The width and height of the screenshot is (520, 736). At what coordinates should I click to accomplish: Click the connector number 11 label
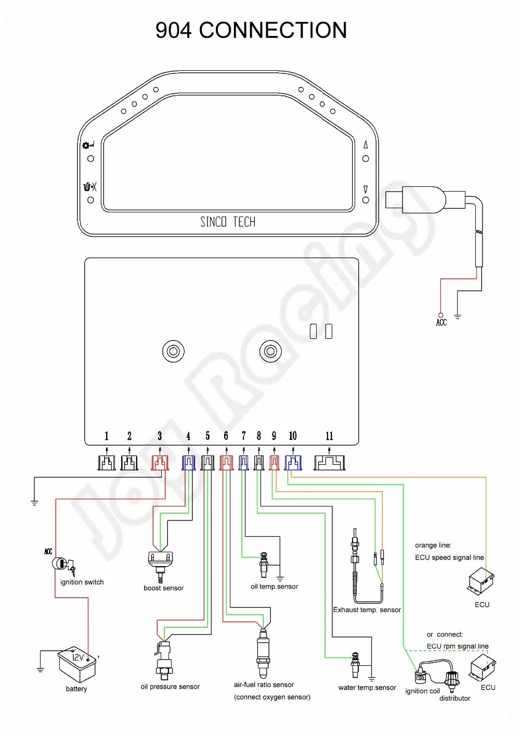coord(329,436)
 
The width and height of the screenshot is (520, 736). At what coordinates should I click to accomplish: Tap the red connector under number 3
coord(160,463)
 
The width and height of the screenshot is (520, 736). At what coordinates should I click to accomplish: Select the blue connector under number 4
coord(188,463)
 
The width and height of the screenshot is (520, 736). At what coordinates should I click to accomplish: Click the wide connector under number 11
coord(329,463)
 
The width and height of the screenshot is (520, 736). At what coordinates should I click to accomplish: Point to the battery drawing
coord(77,664)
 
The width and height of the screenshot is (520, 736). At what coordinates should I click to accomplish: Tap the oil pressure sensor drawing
coord(163,661)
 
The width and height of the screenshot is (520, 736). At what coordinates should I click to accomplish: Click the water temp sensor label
coord(367,688)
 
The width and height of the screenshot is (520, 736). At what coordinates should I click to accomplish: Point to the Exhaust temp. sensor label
coord(367,610)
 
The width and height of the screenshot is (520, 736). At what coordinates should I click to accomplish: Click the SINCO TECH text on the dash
coord(228,222)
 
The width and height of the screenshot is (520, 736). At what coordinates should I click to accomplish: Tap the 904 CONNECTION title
coord(251,30)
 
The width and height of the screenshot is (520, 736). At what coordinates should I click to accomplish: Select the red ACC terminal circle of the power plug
coord(440,315)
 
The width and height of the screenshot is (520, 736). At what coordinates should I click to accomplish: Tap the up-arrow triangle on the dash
coord(366,145)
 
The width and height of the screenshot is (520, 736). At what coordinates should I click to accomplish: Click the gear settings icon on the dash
coord(86,145)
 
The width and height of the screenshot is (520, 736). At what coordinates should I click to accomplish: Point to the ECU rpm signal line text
coord(457,646)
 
